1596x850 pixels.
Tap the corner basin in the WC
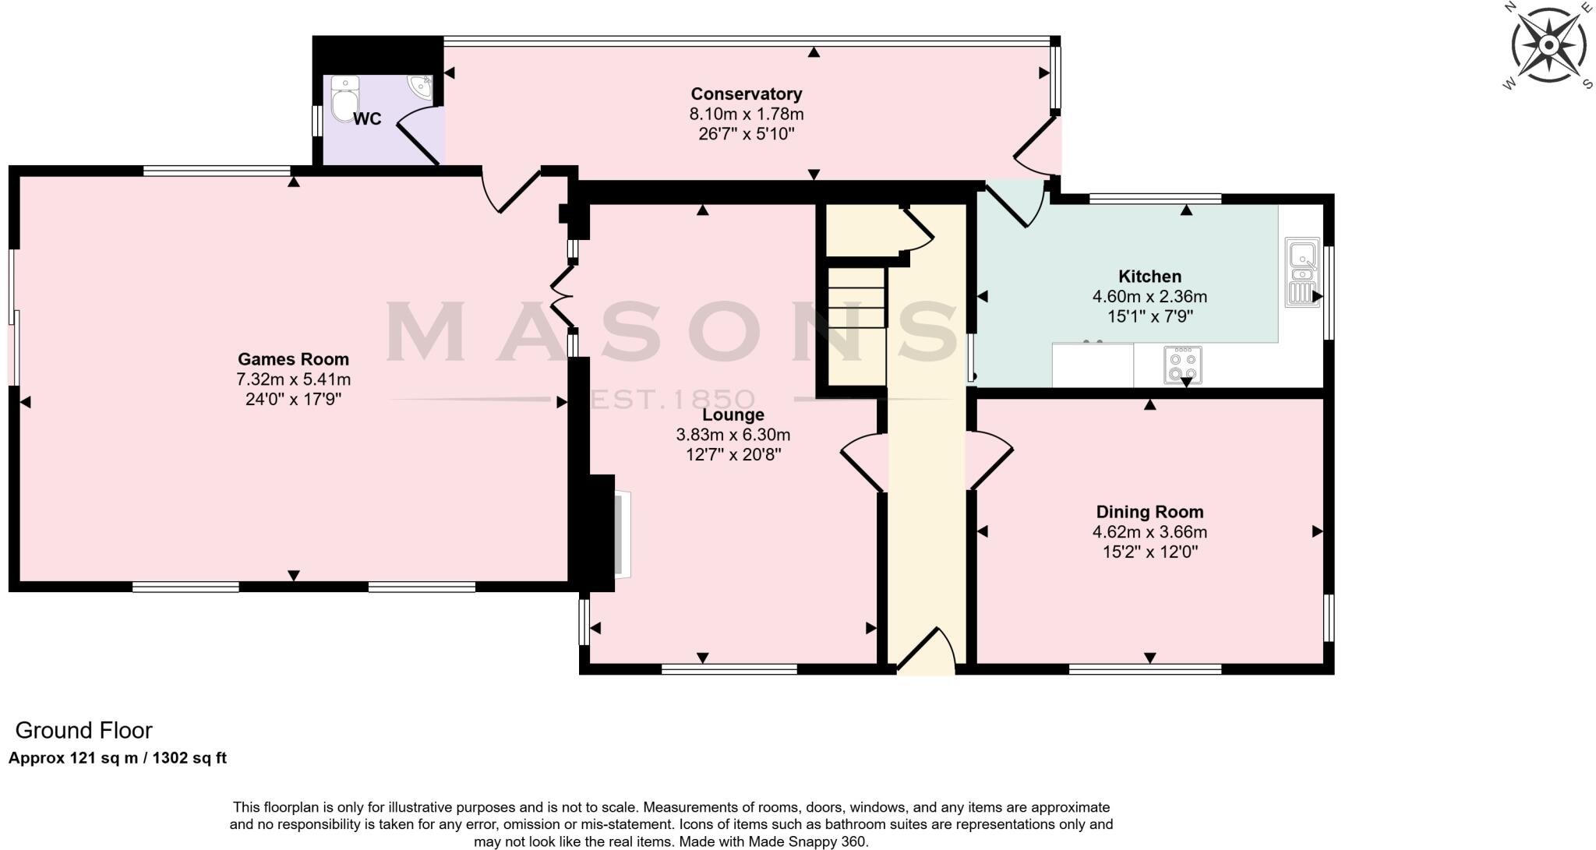(x=421, y=86)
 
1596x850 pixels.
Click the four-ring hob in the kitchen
(x=1182, y=365)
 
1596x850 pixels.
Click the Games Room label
(x=293, y=359)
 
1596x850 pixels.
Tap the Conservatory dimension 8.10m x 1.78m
(x=746, y=114)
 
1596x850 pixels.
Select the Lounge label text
(x=733, y=414)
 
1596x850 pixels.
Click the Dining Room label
(x=1149, y=512)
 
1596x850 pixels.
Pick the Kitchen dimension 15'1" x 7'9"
(x=1149, y=316)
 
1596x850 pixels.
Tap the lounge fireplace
(x=612, y=534)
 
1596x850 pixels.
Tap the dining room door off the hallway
(x=987, y=460)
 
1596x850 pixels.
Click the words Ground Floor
(x=83, y=730)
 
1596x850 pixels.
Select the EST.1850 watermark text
(x=673, y=400)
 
